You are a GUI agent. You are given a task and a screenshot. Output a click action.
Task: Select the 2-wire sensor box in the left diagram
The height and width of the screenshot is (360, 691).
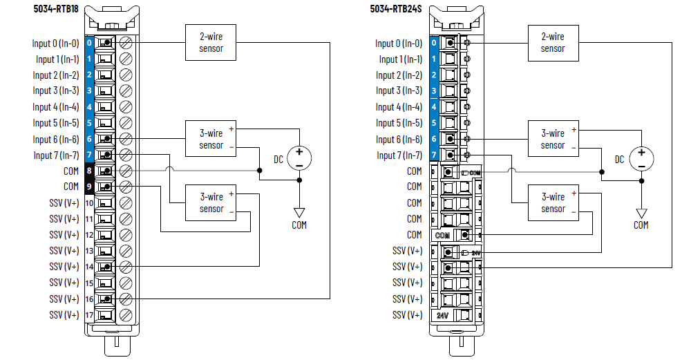pos(211,42)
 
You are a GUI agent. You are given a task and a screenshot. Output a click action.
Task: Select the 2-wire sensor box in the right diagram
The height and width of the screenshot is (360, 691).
pos(552,42)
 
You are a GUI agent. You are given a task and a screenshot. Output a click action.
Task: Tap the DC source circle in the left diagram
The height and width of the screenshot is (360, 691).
pos(299,158)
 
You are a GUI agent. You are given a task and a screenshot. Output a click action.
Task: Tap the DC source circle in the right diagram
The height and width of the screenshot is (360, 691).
pos(641,158)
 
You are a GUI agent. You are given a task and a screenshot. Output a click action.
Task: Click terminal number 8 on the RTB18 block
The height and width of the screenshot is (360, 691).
pos(89,171)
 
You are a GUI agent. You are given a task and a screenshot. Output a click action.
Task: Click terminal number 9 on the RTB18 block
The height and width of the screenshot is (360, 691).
pos(89,187)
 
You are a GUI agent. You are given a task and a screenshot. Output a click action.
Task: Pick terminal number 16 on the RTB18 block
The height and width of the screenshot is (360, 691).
pos(89,299)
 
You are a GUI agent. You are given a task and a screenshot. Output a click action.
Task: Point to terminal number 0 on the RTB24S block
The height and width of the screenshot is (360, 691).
pos(433,43)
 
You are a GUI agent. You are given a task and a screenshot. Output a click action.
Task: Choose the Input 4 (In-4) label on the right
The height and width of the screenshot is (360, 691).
pos(399,107)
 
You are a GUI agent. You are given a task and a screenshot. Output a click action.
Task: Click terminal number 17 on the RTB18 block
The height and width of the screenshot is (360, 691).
pos(89,315)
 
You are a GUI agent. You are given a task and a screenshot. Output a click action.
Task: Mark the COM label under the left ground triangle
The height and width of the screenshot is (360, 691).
pos(299,225)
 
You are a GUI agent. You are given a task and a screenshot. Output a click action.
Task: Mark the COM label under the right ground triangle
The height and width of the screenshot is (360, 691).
pos(641,225)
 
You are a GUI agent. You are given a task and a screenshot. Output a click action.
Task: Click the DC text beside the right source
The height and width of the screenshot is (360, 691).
pos(619,160)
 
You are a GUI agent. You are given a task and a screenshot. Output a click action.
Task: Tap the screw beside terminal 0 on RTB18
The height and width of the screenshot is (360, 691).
pos(126,43)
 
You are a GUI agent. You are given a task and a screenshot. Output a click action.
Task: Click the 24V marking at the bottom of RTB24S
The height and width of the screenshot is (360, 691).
pos(443,315)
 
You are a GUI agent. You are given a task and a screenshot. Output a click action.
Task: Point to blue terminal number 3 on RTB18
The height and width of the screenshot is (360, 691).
pos(89,91)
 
